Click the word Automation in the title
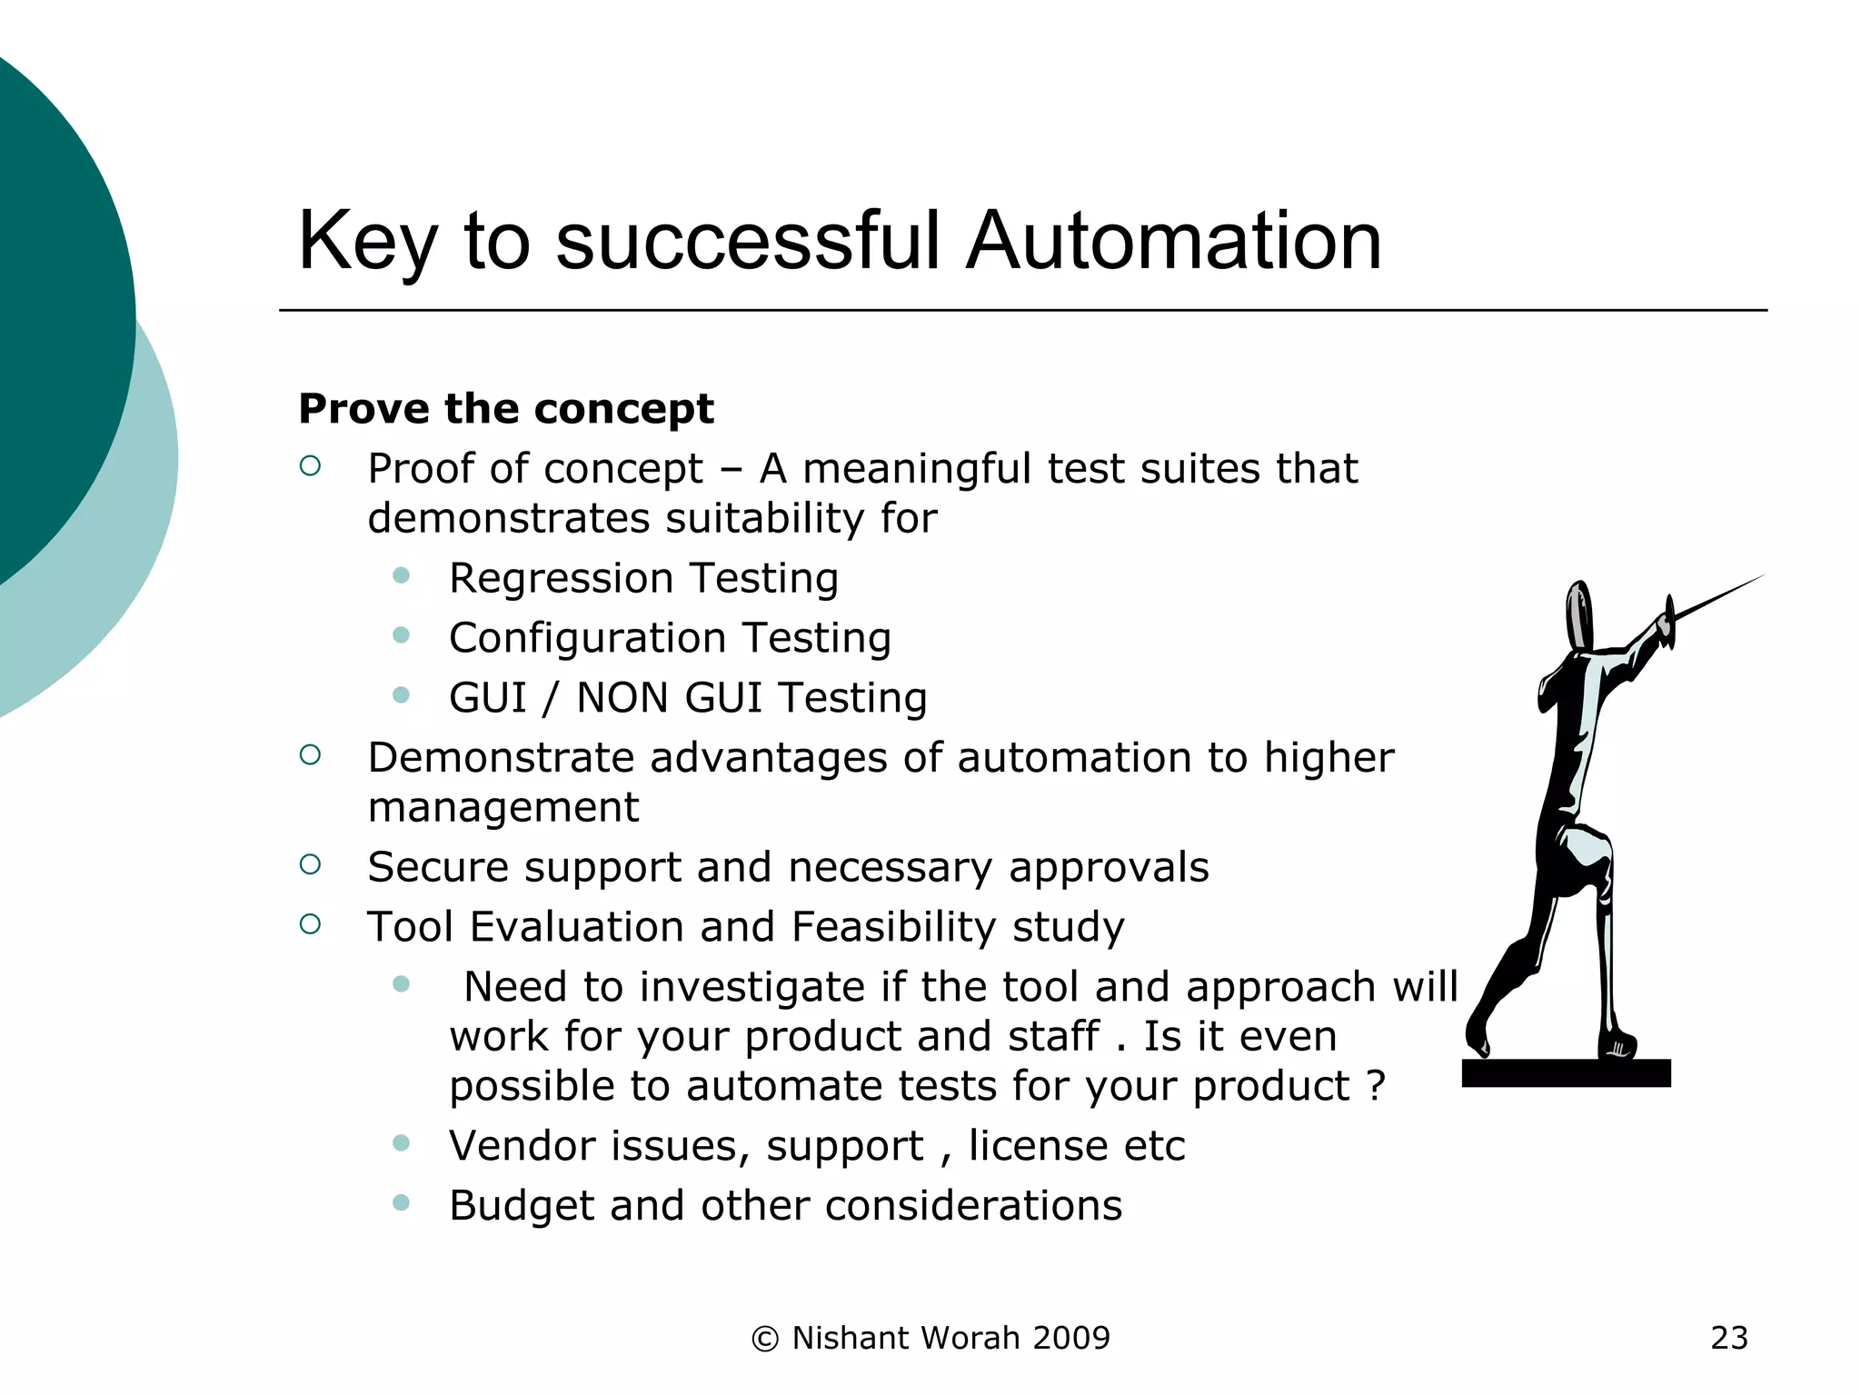[1173, 241]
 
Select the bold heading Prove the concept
[506, 409]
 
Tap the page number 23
[1728, 1338]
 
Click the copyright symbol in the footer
[765, 1339]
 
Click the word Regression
[561, 579]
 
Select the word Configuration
[587, 639]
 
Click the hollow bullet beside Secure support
[310, 864]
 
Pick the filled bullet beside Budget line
[401, 1203]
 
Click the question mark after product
[1376, 1085]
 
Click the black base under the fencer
[1566, 1073]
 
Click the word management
[503, 807]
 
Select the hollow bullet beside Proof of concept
[310, 466]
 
